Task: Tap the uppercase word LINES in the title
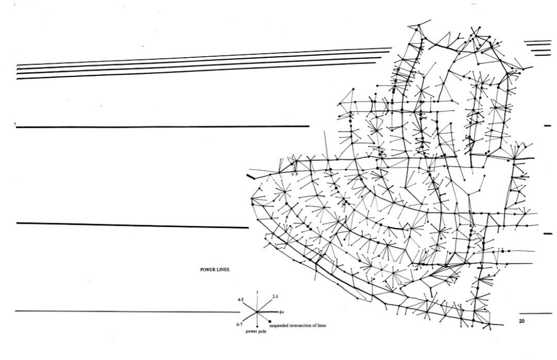coord(223,270)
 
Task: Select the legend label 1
coord(257,292)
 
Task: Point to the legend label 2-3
coord(275,296)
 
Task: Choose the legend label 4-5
coord(240,300)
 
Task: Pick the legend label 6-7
coord(239,324)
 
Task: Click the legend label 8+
coord(282,313)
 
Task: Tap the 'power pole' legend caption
coord(256,332)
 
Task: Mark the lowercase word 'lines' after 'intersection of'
coord(321,325)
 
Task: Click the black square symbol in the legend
coord(270,321)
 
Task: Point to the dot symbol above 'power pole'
coord(257,326)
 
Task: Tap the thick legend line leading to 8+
coord(267,312)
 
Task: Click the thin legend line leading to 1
coord(257,303)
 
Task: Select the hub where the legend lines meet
coord(256,313)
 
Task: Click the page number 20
coord(521,321)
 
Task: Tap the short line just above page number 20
coord(536,314)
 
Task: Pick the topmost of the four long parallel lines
coord(204,57)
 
